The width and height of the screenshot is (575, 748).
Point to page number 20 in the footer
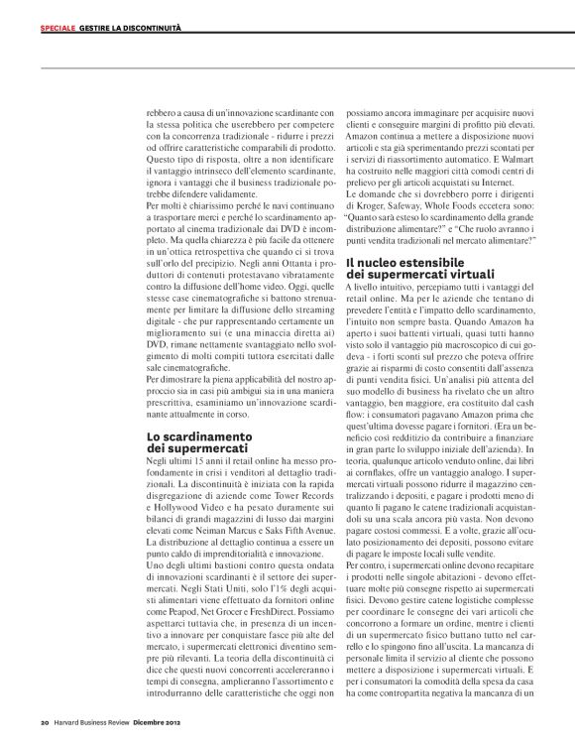pos(45,720)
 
